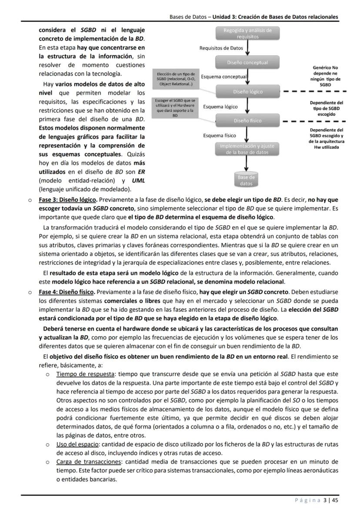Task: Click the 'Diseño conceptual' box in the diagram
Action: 247,63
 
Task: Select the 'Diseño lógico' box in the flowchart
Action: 247,92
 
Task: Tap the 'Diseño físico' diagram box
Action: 247,120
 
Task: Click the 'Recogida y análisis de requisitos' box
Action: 247,33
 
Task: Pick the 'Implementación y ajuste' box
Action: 247,149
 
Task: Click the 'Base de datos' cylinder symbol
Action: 246,180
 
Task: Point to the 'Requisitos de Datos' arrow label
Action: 221,48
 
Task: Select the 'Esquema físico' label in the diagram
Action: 220,135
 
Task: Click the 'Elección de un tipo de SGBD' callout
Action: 176,78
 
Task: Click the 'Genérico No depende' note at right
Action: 325,76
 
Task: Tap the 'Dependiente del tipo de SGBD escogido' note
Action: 326,108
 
